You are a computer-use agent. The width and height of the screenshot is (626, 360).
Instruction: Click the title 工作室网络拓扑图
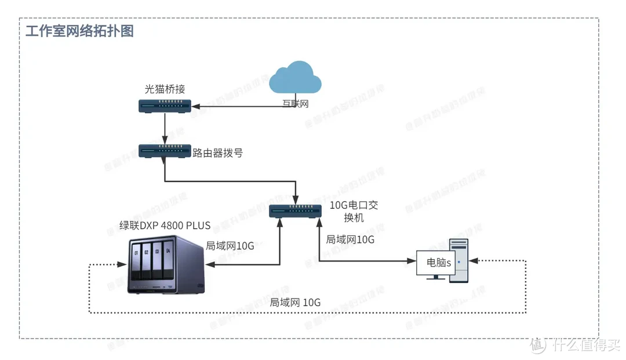pyautogui.click(x=79, y=31)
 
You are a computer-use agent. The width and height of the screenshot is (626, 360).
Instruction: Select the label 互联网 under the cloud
pyautogui.click(x=295, y=104)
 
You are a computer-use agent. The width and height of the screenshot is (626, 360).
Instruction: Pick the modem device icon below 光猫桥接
pyautogui.click(x=165, y=106)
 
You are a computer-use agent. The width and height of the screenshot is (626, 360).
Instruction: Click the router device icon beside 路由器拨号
pyautogui.click(x=165, y=152)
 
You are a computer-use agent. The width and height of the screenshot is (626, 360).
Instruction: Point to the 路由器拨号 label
pyautogui.click(x=217, y=153)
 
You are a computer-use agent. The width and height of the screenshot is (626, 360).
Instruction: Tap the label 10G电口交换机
pyautogui.click(x=354, y=212)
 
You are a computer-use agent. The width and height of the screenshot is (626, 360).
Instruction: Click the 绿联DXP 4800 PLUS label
pyautogui.click(x=165, y=226)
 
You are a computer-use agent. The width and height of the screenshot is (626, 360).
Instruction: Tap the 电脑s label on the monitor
pyautogui.click(x=439, y=263)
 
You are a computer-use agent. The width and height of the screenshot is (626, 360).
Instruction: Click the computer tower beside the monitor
pyautogui.click(x=460, y=260)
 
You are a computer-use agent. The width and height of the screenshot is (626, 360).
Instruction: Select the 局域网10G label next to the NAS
pyautogui.click(x=230, y=246)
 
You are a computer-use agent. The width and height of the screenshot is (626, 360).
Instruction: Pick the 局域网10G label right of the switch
pyautogui.click(x=350, y=239)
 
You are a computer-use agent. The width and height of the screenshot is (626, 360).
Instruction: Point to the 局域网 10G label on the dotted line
pyautogui.click(x=295, y=302)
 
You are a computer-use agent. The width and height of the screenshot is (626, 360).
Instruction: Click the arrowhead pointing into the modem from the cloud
pyautogui.click(x=196, y=106)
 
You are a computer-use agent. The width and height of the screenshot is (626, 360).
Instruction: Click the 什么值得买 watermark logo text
pyautogui.click(x=585, y=345)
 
